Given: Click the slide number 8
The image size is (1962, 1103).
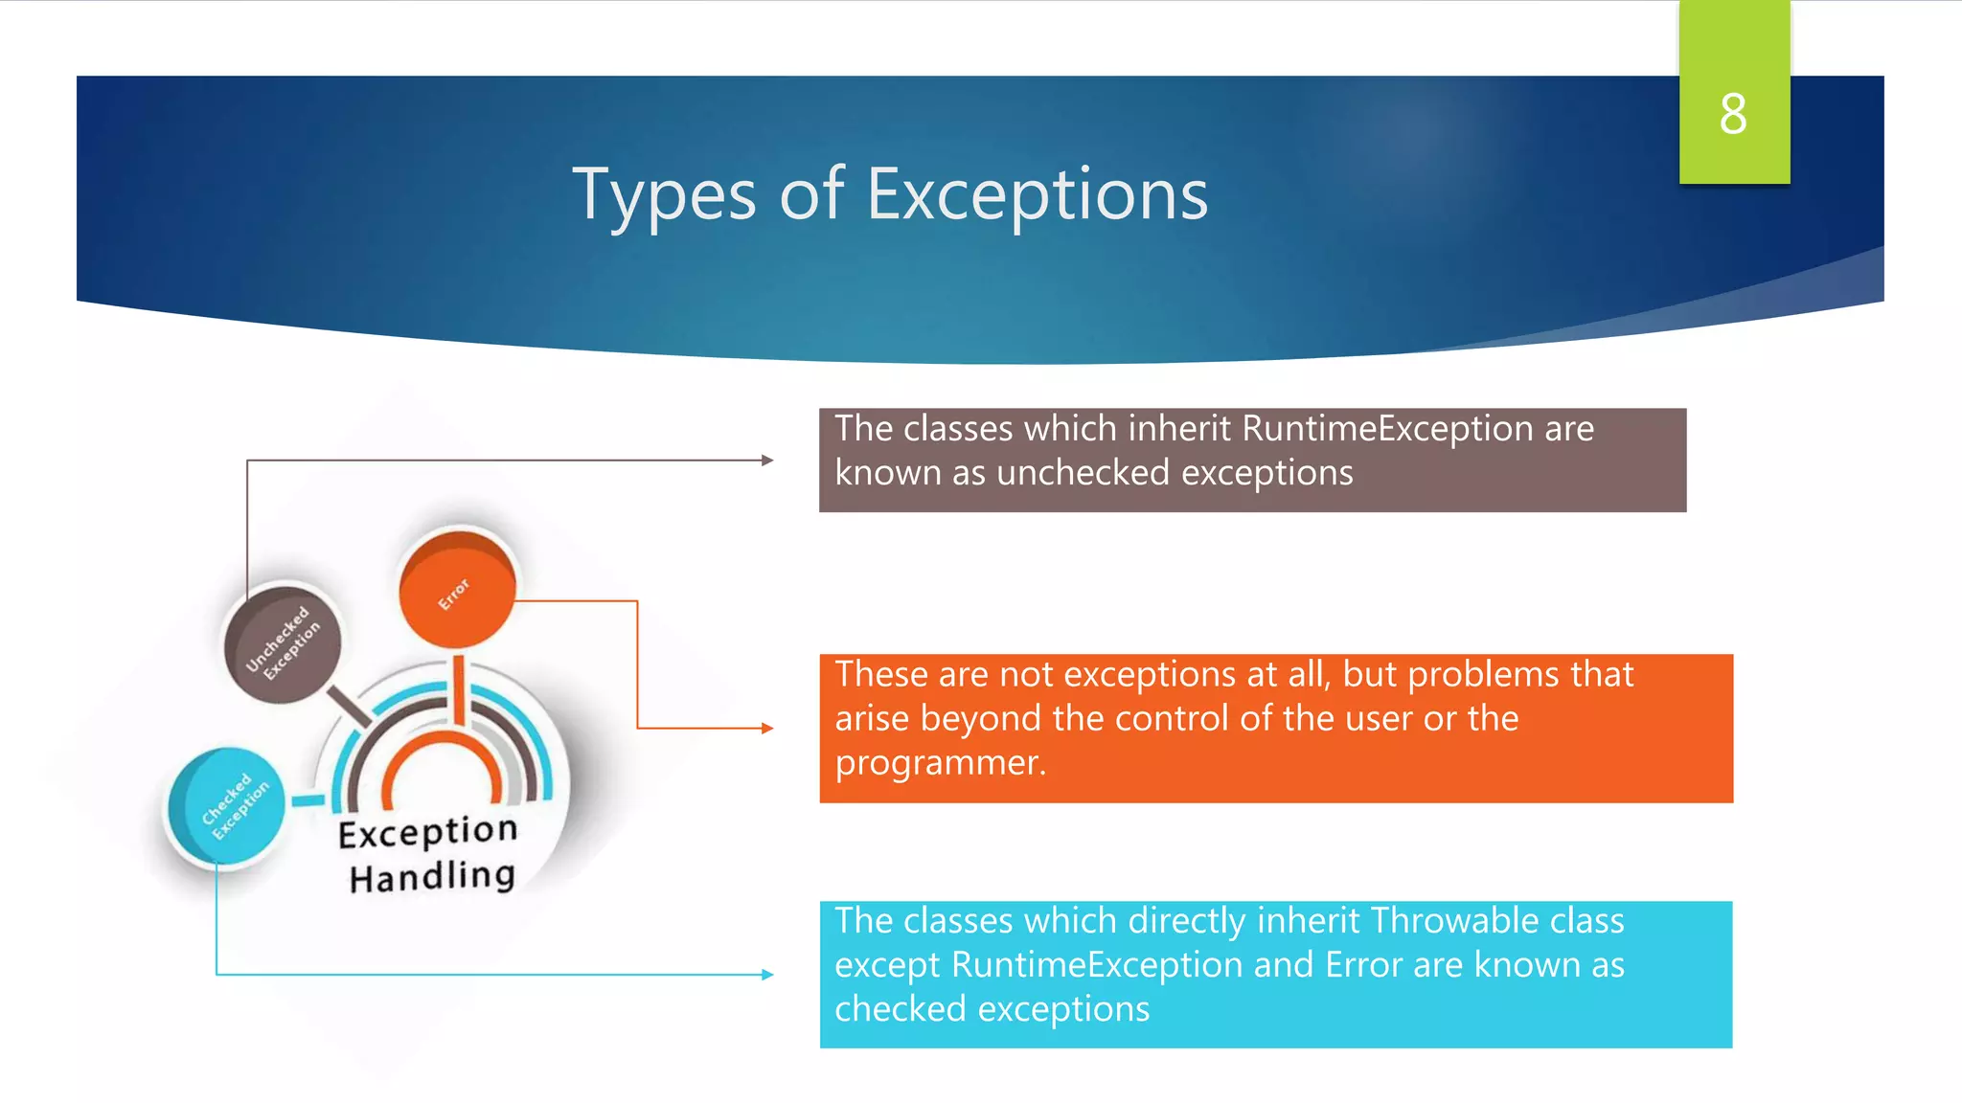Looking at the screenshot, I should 1733,114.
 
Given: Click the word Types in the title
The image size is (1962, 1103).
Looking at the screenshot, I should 664,195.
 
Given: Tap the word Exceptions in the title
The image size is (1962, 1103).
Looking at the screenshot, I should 1038,195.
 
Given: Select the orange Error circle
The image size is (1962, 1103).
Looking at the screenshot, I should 457,587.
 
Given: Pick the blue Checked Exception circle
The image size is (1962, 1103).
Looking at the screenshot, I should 226,806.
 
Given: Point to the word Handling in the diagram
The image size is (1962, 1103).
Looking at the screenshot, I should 432,876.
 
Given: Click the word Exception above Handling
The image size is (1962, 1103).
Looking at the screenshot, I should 427,831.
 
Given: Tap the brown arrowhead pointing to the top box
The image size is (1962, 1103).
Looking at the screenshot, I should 767,461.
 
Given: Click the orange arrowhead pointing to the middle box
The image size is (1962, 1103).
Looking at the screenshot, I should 767,729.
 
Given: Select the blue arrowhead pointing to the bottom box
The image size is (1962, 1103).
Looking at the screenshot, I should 767,975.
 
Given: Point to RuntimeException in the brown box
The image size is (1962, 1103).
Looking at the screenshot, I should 1387,429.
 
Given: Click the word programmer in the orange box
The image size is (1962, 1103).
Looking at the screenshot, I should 937,763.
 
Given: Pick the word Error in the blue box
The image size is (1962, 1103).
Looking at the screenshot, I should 1364,965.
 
